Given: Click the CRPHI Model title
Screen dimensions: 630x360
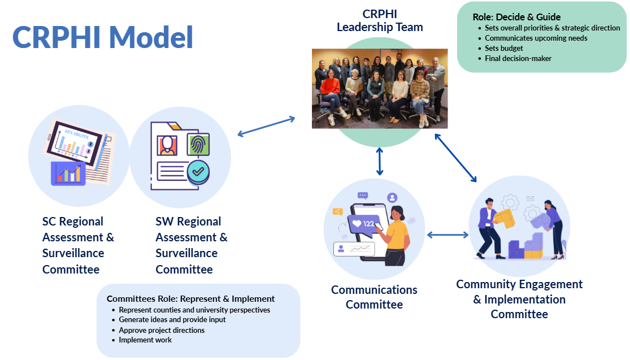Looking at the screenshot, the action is click(x=103, y=37).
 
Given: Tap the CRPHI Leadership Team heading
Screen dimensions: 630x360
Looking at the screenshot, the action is click(x=380, y=20).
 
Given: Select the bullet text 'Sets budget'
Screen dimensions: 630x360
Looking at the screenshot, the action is click(x=503, y=48).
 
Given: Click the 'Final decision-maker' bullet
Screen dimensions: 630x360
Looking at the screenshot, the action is click(x=518, y=58).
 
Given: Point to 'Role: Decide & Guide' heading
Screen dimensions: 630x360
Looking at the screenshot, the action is click(x=516, y=17).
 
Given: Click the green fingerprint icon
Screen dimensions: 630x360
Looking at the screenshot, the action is click(x=198, y=145).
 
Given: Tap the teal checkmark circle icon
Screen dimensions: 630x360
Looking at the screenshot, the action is click(x=198, y=172).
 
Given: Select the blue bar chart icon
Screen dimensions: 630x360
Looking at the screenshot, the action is click(x=68, y=173).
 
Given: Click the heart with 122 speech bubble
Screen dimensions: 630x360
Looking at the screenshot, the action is click(x=364, y=223).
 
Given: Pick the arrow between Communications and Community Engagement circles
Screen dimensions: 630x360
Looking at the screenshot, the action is click(x=447, y=235).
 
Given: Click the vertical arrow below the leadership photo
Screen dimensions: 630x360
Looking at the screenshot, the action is click(x=380, y=162).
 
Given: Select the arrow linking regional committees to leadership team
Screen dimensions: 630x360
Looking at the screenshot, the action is click(x=266, y=127).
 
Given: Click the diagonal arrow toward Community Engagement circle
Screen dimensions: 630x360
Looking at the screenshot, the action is click(x=455, y=158).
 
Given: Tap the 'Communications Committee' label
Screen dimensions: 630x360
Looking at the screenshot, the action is click(x=374, y=297).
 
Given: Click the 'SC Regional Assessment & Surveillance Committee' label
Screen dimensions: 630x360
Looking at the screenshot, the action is click(x=78, y=245).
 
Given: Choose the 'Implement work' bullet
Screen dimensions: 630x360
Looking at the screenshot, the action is click(x=145, y=340).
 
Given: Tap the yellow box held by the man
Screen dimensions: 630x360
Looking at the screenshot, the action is click(x=505, y=218).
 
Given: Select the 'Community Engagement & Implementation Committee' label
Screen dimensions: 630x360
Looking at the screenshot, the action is click(x=519, y=299).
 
